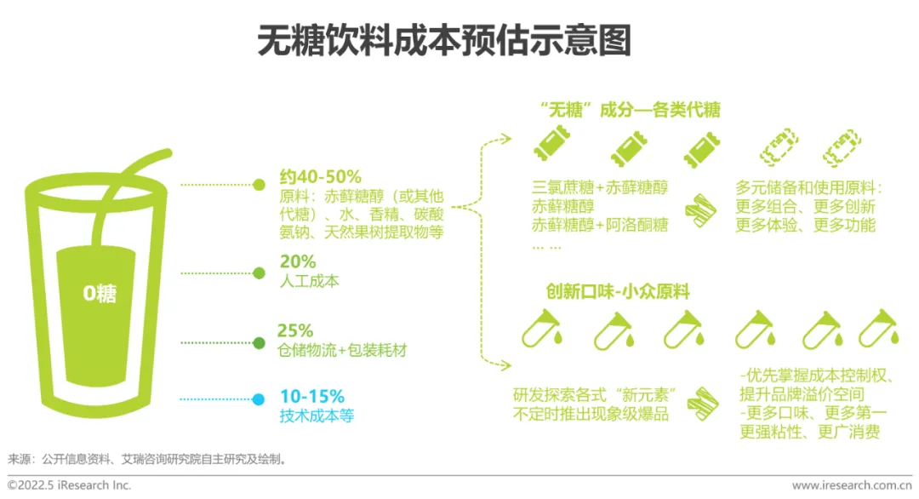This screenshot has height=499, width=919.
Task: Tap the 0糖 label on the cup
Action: tap(100, 294)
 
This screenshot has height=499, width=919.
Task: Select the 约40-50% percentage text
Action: tap(320, 177)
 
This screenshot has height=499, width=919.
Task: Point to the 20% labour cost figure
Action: tap(297, 261)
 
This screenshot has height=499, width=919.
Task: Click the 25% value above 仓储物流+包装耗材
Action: tap(295, 330)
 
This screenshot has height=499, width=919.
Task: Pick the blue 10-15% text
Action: tap(311, 397)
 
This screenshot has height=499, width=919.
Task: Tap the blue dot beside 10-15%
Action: tap(259, 399)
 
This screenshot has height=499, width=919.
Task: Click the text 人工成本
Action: tap(309, 281)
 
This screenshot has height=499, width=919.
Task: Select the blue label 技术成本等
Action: tap(316, 416)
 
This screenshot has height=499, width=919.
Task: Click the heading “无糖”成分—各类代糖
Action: tap(631, 110)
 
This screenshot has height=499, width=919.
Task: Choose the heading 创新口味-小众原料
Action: tap(618, 291)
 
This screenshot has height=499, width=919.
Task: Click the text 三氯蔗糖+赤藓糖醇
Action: tap(601, 187)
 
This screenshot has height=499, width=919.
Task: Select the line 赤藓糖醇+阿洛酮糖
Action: tap(601, 226)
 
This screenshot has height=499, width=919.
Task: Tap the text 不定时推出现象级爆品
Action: tap(591, 416)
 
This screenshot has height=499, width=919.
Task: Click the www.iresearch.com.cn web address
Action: tap(852, 485)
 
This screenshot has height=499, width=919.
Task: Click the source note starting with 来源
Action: tap(148, 460)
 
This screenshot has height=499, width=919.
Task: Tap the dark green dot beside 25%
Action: tap(259, 343)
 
